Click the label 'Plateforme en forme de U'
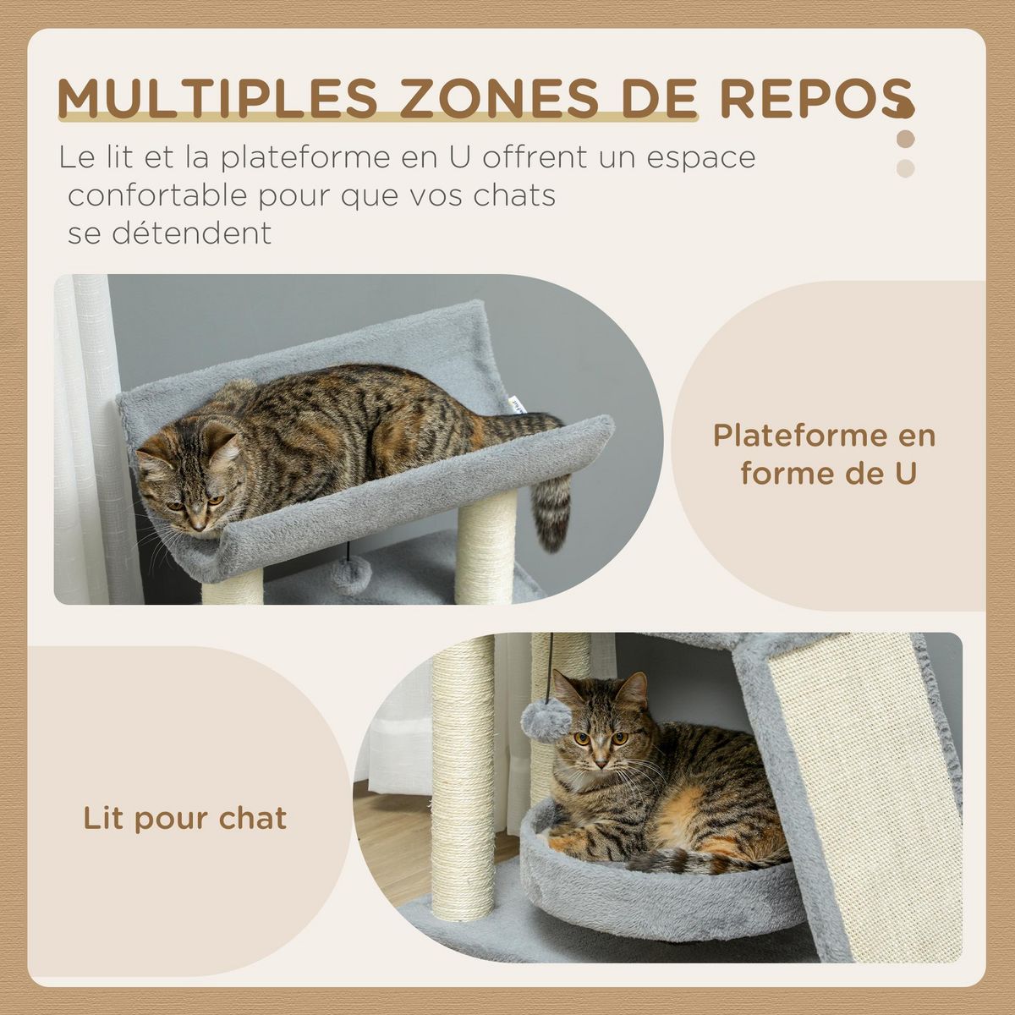(x=825, y=454)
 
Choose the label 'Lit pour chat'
(x=185, y=818)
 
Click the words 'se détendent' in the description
(x=170, y=233)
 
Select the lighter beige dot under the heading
(x=906, y=167)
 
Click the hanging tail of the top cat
(x=551, y=507)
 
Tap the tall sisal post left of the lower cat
(x=463, y=778)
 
